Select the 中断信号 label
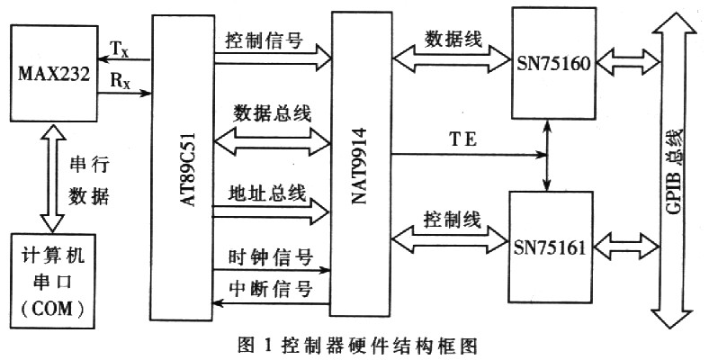point(269,290)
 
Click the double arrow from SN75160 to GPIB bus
point(624,62)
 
